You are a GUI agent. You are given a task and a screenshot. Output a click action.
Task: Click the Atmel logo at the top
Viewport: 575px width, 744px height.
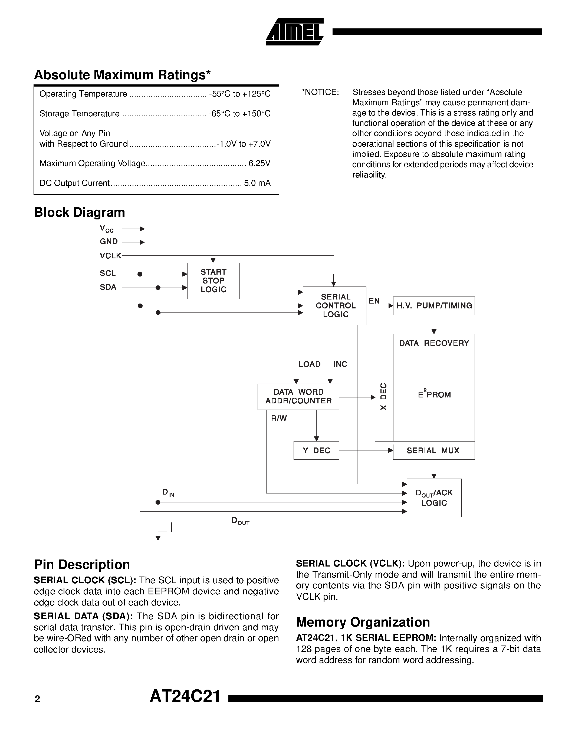pyautogui.click(x=294, y=32)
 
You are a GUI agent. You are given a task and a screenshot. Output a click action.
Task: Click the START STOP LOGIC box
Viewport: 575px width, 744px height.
pyautogui.click(x=213, y=281)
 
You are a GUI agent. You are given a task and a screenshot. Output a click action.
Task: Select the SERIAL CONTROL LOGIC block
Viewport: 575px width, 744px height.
pyautogui.click(x=334, y=305)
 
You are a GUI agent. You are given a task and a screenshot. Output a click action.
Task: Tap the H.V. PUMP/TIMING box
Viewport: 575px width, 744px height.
pyautogui.click(x=434, y=305)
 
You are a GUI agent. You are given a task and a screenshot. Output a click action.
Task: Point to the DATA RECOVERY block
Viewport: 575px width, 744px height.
pyautogui.click(x=434, y=343)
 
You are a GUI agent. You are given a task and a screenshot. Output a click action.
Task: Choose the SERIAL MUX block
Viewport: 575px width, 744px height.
pyautogui.click(x=434, y=450)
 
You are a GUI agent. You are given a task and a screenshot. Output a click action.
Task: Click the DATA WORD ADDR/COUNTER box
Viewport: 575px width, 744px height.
pyautogui.click(x=298, y=397)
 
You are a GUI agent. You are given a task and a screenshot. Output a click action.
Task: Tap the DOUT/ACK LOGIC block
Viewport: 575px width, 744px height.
pyautogui.click(x=434, y=498)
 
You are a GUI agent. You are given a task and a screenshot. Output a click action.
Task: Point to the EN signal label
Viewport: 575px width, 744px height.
pyautogui.click(x=374, y=301)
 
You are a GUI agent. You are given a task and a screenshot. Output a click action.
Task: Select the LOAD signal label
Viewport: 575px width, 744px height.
pyautogui.click(x=309, y=364)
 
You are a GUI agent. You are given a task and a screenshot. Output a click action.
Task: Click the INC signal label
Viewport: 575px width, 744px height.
pyautogui.click(x=340, y=364)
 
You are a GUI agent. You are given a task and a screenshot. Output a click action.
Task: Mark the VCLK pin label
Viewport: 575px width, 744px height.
pyautogui.click(x=110, y=255)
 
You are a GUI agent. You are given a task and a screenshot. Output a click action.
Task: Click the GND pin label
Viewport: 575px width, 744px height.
pyautogui.click(x=109, y=242)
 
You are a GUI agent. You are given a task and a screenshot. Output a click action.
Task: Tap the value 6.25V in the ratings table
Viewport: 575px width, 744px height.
pyautogui.click(x=259, y=163)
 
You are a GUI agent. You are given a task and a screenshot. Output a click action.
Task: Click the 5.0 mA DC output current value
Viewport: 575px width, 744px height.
pyautogui.click(x=257, y=183)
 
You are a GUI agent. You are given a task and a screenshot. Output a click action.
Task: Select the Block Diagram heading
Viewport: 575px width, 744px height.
pyautogui.click(x=79, y=212)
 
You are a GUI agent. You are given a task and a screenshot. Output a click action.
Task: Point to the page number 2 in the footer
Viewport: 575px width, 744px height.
pyautogui.click(x=37, y=699)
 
